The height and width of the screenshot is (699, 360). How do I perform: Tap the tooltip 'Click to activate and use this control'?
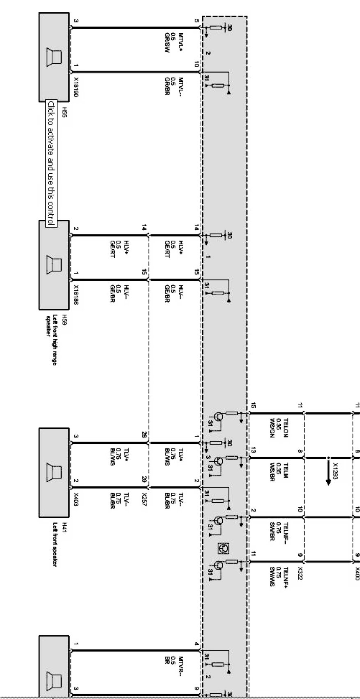tap(51, 163)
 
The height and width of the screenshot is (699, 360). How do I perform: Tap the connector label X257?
tap(145, 499)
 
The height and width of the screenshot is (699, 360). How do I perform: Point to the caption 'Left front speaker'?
tap(55, 544)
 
